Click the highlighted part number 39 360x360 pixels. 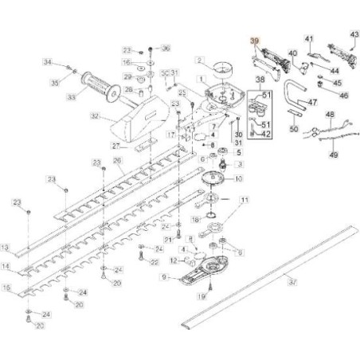pos(254,41)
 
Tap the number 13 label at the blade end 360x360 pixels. pos(6,248)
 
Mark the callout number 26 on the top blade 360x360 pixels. pos(117,160)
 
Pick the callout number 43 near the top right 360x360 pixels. pos(354,35)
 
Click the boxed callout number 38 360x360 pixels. pos(260,81)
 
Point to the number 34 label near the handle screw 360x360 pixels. pos(47,63)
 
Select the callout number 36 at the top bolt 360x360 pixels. pos(166,49)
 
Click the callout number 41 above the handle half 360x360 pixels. pos(310,38)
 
